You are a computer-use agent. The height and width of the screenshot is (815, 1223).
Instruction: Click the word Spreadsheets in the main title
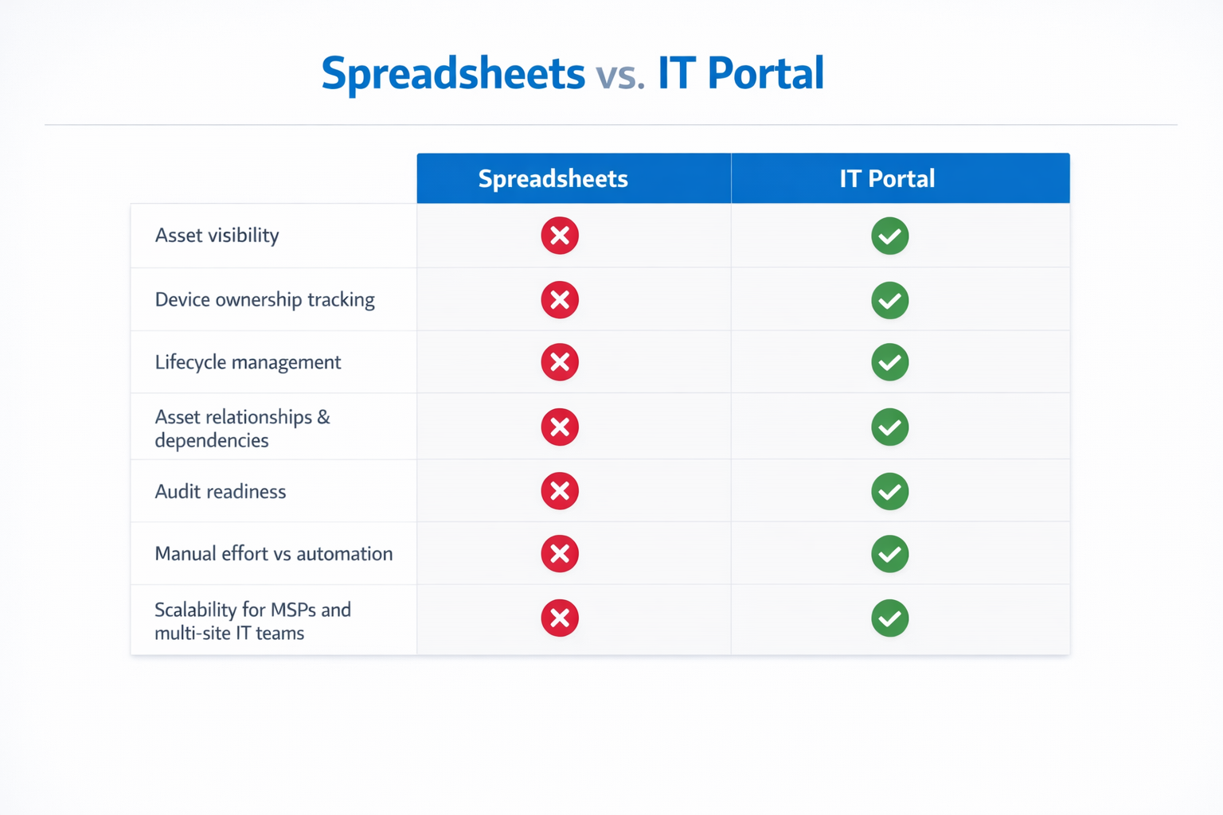(452, 73)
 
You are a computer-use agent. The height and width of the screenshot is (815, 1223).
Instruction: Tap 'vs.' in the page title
(619, 75)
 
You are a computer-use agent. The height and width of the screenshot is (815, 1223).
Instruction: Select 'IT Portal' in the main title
(740, 73)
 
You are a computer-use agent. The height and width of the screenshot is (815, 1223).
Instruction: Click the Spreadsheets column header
(553, 178)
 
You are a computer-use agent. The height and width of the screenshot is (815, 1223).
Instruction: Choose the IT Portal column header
(887, 178)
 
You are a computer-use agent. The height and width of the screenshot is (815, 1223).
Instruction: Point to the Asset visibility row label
(217, 236)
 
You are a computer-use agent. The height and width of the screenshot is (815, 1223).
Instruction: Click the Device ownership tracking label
(264, 300)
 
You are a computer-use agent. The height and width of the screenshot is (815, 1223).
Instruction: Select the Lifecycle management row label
(248, 362)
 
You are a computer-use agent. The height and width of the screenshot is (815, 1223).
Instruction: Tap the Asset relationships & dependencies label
(242, 428)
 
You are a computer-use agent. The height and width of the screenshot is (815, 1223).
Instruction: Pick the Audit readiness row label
(220, 491)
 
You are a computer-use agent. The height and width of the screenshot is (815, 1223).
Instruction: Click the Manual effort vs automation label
(273, 553)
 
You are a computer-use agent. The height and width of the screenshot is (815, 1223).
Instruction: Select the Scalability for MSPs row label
(252, 621)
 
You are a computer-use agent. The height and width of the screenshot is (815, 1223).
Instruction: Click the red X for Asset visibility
(560, 236)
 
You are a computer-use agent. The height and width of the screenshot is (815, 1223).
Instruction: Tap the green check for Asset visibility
(889, 236)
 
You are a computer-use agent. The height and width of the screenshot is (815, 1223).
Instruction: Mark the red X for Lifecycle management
(560, 362)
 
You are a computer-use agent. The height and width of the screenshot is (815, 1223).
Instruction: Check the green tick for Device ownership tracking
(889, 300)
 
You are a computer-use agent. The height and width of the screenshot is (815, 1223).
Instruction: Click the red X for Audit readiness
(560, 491)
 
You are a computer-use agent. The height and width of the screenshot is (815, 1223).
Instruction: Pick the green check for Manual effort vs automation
(889, 553)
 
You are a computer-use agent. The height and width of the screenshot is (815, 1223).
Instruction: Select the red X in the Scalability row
(560, 618)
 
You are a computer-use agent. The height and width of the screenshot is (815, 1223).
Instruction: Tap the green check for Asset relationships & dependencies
(889, 427)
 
